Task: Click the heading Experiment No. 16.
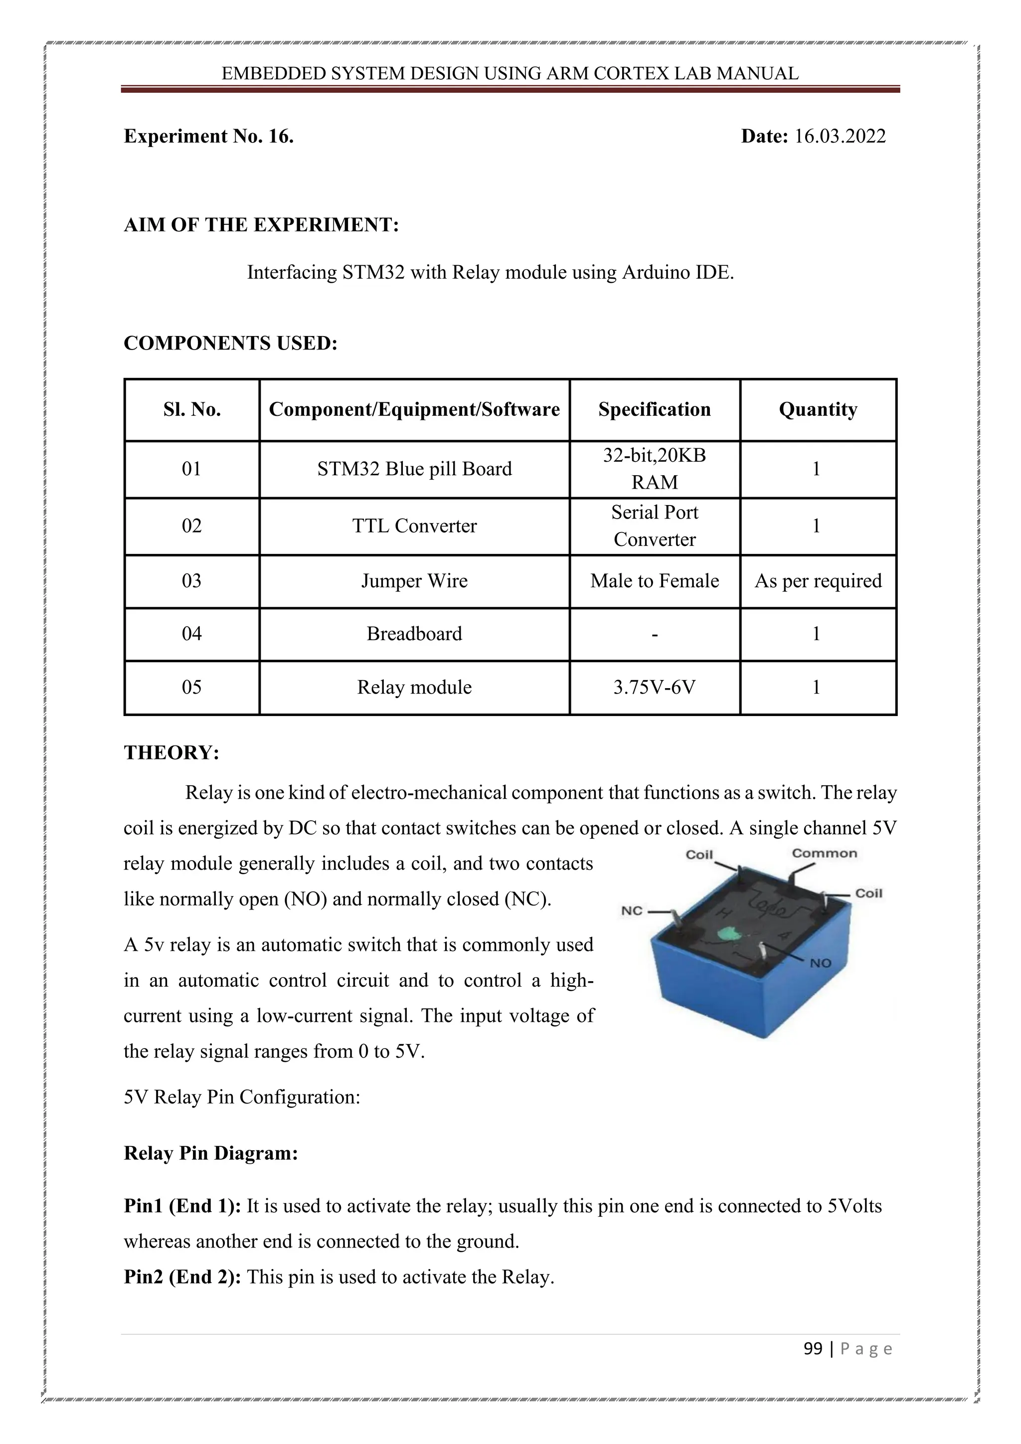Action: point(209,137)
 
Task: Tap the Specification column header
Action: point(654,409)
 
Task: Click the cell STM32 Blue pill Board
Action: point(414,469)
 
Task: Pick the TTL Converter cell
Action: point(414,526)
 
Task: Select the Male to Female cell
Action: point(654,580)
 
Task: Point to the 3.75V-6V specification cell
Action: point(654,687)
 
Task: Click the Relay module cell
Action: point(414,687)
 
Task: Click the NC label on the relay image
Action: point(631,910)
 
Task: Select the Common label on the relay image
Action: point(824,854)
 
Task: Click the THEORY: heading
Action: point(171,753)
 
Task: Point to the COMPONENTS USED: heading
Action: point(230,344)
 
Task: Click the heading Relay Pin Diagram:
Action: point(210,1153)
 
